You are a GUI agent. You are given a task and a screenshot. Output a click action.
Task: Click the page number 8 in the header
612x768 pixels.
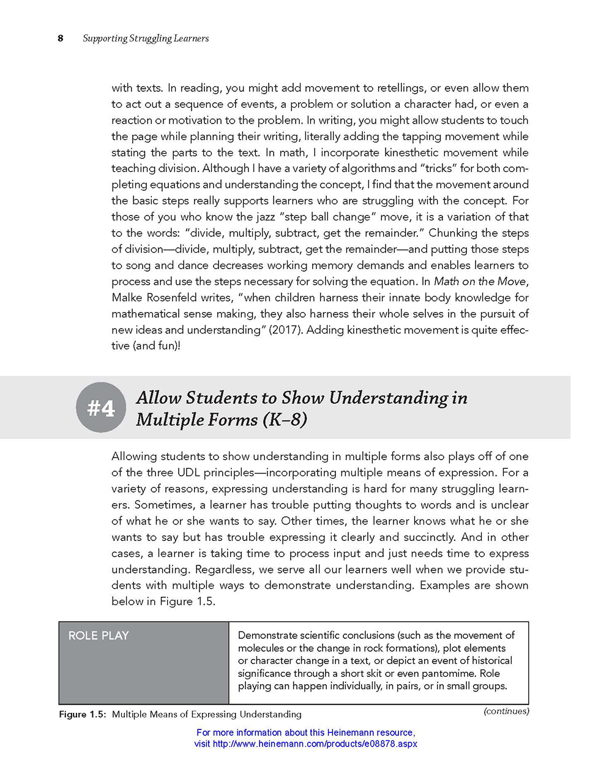(x=61, y=39)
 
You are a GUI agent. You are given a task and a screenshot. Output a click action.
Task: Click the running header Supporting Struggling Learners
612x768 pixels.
(x=146, y=39)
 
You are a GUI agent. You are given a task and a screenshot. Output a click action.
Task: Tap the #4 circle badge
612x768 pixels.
(x=101, y=408)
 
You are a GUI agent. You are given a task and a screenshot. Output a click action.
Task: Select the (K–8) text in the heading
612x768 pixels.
(x=285, y=420)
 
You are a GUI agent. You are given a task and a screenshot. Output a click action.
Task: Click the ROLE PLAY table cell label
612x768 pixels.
(x=99, y=636)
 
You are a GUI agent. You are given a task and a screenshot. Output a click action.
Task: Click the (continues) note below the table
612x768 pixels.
(x=506, y=711)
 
